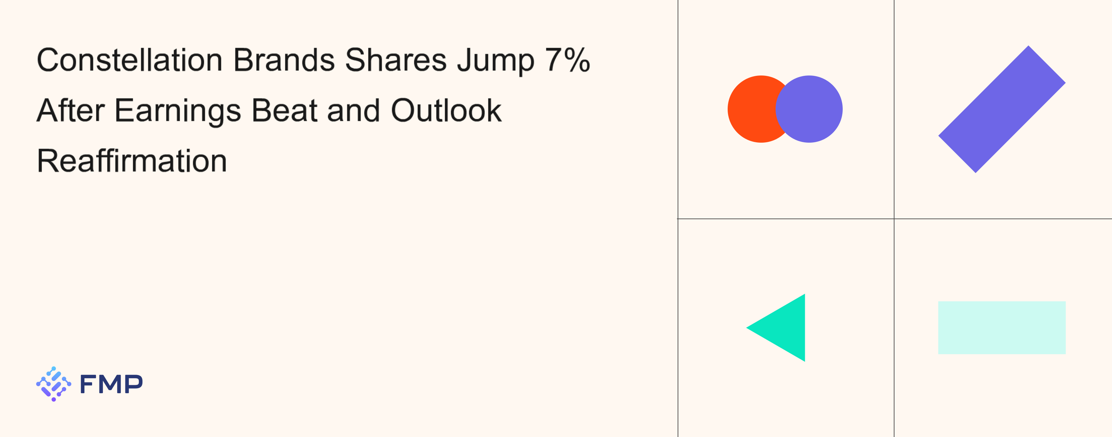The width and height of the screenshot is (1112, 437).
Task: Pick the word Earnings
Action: coord(178,112)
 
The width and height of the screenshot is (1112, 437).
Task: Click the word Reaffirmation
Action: coord(132,160)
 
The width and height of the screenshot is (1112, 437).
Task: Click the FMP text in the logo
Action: coord(111,384)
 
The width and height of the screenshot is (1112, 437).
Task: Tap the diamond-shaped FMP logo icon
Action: coord(54,384)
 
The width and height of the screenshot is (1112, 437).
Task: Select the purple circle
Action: coord(809,109)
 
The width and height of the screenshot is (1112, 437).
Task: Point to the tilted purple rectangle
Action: coord(1002,109)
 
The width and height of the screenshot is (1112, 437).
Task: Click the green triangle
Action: coord(786,328)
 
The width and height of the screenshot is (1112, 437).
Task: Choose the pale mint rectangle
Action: coord(1002,328)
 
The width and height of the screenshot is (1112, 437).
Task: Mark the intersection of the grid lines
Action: coord(894,219)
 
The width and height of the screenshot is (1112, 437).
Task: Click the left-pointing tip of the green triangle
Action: coord(747,328)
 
